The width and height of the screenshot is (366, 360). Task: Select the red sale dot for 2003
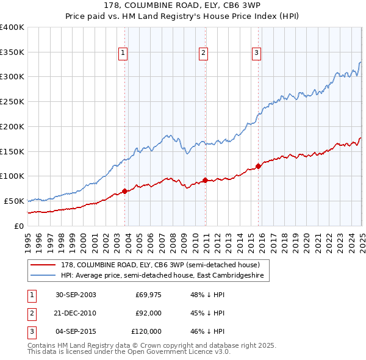[124, 191]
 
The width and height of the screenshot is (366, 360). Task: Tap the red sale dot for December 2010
[205, 180]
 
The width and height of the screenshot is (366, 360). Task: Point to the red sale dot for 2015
[258, 166]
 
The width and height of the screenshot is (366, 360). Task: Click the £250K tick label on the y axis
[12, 101]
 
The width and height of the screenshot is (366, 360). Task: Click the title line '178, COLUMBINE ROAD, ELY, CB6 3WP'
[182, 6]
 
